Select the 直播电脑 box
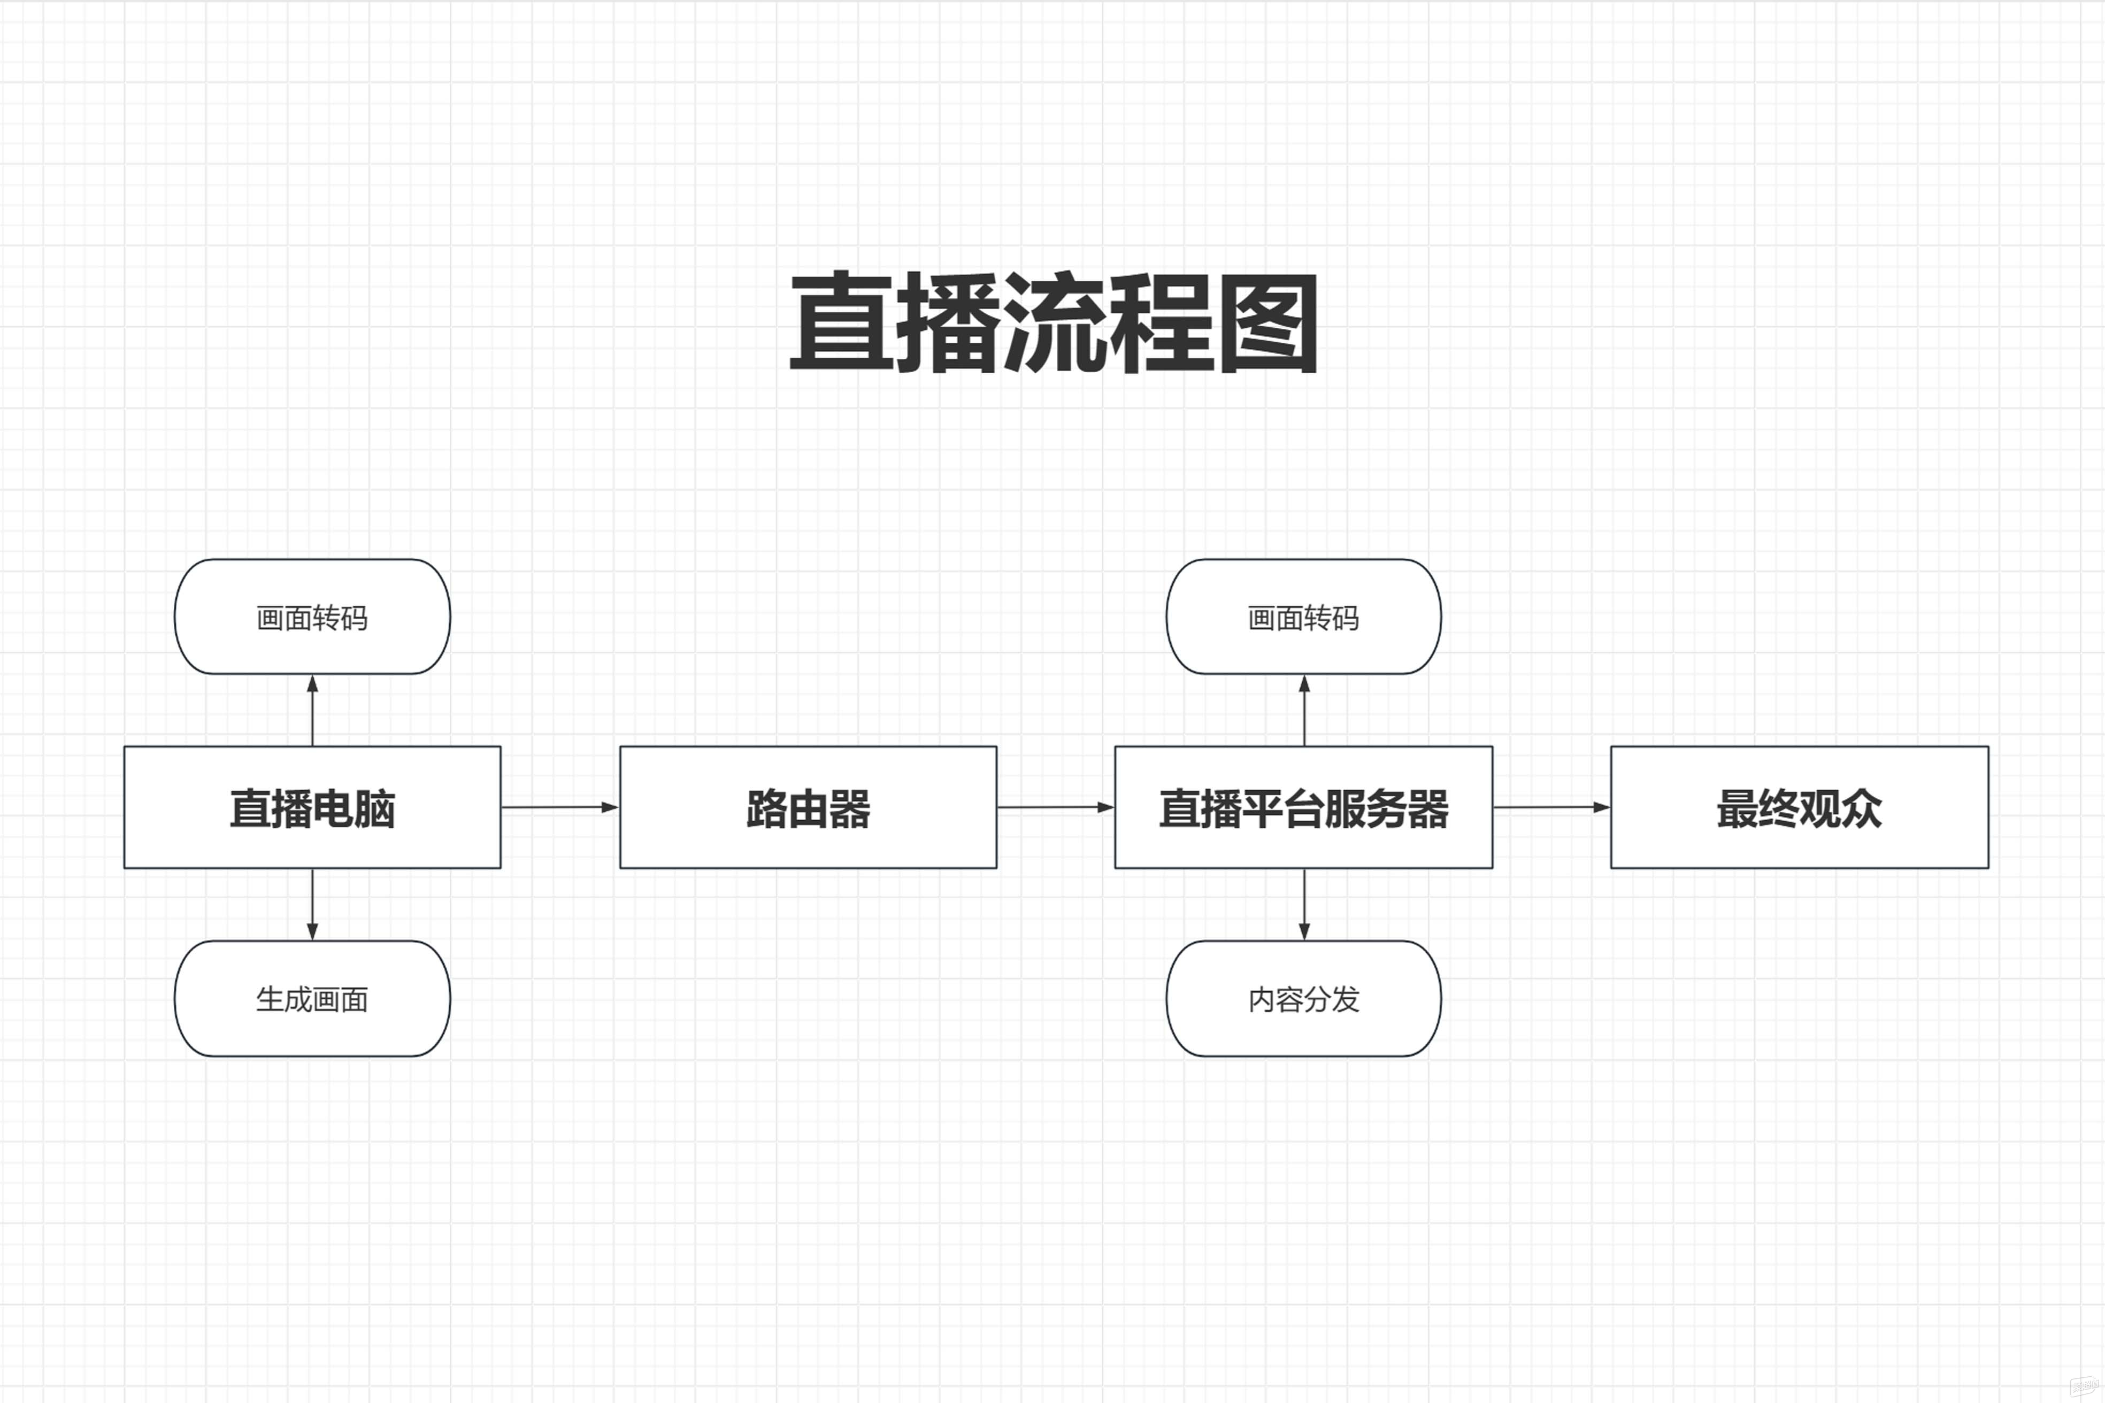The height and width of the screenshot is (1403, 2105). pos(312,807)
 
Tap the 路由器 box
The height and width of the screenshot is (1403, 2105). pos(808,807)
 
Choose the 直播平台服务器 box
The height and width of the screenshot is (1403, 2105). pos(1303,807)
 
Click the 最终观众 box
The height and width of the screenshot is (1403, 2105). pos(1799,807)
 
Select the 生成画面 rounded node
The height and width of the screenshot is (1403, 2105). pos(312,999)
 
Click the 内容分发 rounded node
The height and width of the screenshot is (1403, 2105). pos(1303,999)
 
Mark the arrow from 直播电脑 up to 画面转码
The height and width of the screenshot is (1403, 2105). pos(312,711)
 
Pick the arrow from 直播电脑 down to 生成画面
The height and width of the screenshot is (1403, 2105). pos(312,904)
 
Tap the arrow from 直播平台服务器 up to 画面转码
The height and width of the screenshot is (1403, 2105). pos(1304,711)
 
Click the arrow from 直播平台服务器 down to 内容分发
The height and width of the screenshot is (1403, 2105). pos(1304,904)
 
